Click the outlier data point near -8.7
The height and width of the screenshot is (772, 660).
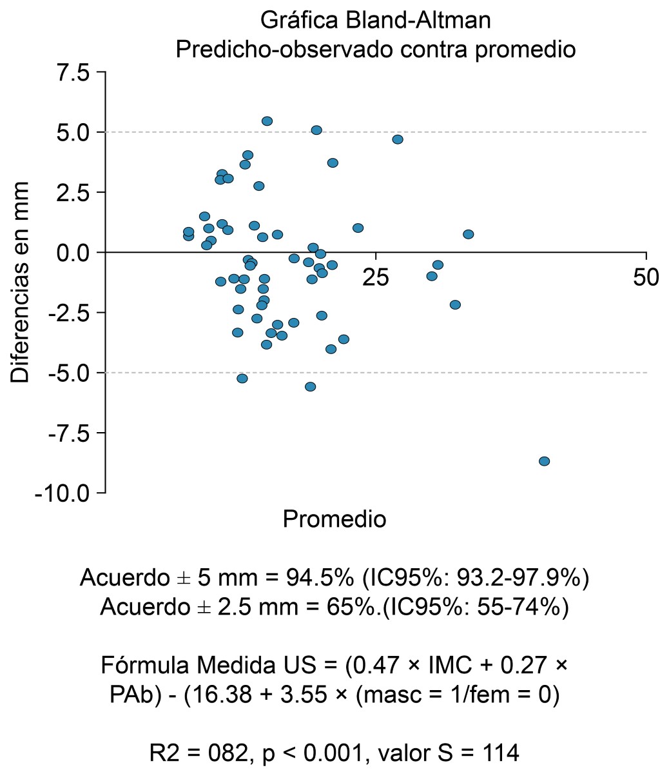point(544,461)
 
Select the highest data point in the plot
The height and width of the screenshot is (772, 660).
point(267,121)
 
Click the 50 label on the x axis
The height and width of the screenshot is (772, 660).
point(646,278)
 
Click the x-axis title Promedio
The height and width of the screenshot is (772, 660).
point(335,519)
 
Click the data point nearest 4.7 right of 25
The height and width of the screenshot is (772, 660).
point(398,139)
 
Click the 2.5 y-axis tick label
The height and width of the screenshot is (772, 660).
point(73,193)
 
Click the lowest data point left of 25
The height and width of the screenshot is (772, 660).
point(310,386)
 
